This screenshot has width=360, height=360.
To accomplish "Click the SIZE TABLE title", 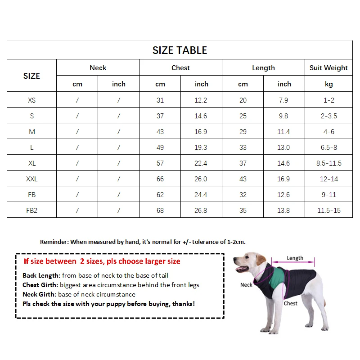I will coord(180,50).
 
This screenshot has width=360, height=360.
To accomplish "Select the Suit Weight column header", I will coord(328,68).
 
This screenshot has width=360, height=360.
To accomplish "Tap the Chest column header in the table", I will coord(180,68).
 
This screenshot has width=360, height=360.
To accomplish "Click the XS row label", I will coord(31,100).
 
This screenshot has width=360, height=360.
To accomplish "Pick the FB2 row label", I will coord(31,211).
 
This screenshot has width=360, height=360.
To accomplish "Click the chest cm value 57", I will coord(160,163).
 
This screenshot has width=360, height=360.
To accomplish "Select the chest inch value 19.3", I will coord(201,148).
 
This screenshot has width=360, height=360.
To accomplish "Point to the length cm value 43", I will coord(243,179).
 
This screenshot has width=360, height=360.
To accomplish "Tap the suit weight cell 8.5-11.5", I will coord(328,163).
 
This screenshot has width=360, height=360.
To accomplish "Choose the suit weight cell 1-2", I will coord(328,100).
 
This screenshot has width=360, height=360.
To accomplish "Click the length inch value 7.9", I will coord(283,100).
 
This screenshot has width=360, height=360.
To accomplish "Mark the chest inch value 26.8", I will coord(201,211).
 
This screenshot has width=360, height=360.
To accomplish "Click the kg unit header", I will coord(328,84).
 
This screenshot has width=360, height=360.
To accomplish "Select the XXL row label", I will coord(31,179).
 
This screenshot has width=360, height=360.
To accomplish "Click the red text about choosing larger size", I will coord(102,261).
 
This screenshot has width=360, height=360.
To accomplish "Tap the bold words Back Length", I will coord(41,275).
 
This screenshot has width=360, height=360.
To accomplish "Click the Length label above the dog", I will coord(295,258).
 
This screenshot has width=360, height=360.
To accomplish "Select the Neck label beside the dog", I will coord(246,285).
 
